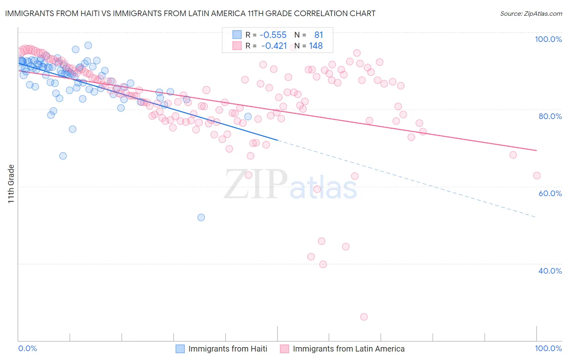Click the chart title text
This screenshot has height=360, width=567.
pyautogui.click(x=190, y=13)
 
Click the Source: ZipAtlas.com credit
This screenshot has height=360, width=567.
pyautogui.click(x=531, y=13)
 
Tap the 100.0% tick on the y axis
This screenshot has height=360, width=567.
pyautogui.click(x=548, y=39)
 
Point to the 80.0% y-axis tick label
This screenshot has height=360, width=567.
pyautogui.click(x=550, y=116)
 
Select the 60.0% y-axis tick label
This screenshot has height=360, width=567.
pyautogui.click(x=550, y=193)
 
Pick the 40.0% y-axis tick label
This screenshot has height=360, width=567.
pyautogui.click(x=550, y=271)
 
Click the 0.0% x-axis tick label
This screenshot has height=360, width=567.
pyautogui.click(x=27, y=348)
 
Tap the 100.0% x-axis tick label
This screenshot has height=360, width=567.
pyautogui.click(x=548, y=348)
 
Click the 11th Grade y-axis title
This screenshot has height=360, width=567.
pyautogui.click(x=11, y=184)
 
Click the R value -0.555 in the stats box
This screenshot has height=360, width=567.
pyautogui.click(x=273, y=35)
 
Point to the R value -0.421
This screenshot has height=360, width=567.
pyautogui.click(x=274, y=46)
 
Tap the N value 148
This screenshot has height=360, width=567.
pyautogui.click(x=316, y=46)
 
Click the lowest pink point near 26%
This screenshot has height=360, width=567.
pyautogui.click(x=364, y=317)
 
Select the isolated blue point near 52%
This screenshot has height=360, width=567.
pyautogui.click(x=201, y=218)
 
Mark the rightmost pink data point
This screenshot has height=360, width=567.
pyautogui.click(x=536, y=176)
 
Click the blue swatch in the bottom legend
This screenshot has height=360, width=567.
pyautogui.click(x=180, y=349)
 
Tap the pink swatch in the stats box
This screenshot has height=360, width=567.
pyautogui.click(x=237, y=46)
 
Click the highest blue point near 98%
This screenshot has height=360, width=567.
pyautogui.click(x=88, y=46)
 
